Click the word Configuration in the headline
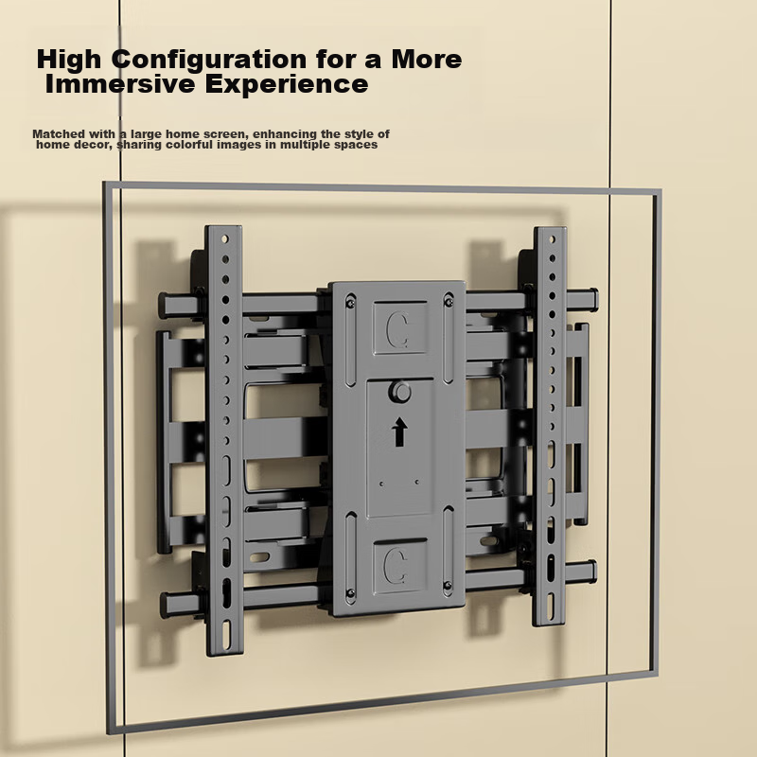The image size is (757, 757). pyautogui.click(x=209, y=60)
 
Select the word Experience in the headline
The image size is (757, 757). pyautogui.click(x=287, y=85)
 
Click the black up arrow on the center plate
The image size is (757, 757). pyautogui.click(x=398, y=431)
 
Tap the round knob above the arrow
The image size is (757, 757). pyautogui.click(x=399, y=392)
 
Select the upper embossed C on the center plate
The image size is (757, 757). pyautogui.click(x=398, y=329)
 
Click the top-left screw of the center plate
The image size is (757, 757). pyautogui.click(x=350, y=303)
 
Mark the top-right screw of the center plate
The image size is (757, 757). pyautogui.click(x=449, y=302)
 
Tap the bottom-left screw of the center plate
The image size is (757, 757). pyautogui.click(x=351, y=593)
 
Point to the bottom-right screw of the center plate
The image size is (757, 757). pyautogui.click(x=448, y=586)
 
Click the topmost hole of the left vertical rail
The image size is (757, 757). pyautogui.click(x=224, y=239)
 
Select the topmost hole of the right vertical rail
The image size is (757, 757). pyautogui.click(x=552, y=239)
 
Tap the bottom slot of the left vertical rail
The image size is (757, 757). pyautogui.click(x=226, y=634)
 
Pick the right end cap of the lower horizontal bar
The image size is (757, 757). pyautogui.click(x=591, y=572)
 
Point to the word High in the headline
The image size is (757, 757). pyautogui.click(x=69, y=60)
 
